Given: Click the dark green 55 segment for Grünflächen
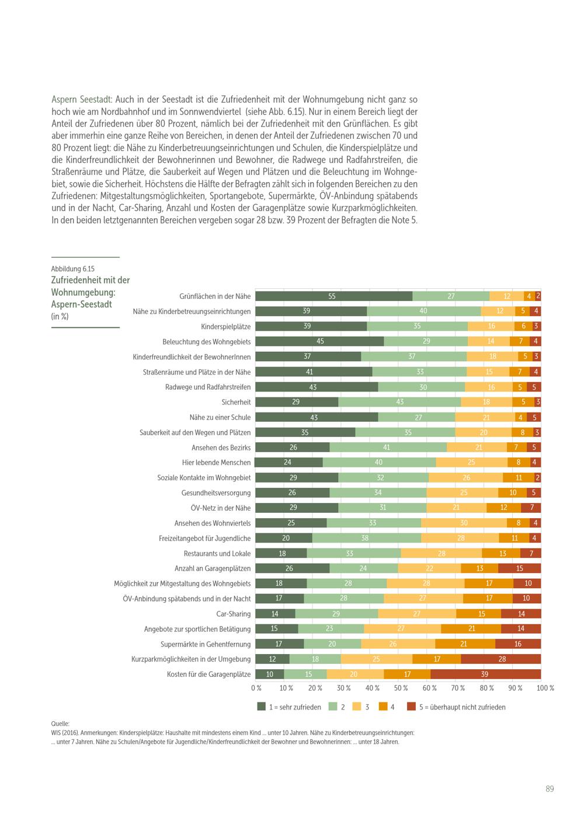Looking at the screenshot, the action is (x=333, y=296).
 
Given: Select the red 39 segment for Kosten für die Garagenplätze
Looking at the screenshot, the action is (x=485, y=674).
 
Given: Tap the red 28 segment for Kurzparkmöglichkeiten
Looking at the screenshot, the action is (x=501, y=659).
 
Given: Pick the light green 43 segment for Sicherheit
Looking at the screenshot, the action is (x=399, y=402).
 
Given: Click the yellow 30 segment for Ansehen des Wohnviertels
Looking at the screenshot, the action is (x=464, y=523).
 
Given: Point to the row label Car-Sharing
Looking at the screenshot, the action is (x=234, y=614).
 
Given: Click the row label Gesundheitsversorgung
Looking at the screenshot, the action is (x=216, y=493).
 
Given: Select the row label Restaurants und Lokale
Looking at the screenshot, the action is (x=217, y=553).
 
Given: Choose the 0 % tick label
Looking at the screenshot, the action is (x=256, y=688).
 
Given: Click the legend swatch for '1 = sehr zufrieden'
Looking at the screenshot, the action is (x=262, y=707).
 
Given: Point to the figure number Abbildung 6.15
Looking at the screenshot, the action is (x=72, y=269).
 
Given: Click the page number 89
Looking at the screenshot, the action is (x=550, y=789).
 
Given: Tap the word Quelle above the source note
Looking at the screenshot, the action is (x=60, y=724).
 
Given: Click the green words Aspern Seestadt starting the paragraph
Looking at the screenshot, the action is (x=82, y=99).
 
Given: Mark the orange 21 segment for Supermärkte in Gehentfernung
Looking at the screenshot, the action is (x=465, y=644).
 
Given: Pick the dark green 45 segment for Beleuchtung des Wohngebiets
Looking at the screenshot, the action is (x=319, y=341).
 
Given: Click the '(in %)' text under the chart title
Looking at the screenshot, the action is (x=60, y=316).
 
